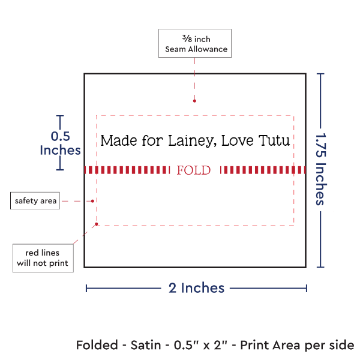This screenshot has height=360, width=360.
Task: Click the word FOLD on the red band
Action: pyautogui.click(x=194, y=170)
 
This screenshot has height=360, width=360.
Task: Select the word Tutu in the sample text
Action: pyautogui.click(x=274, y=141)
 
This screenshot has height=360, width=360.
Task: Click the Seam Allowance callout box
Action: pyautogui.click(x=194, y=43)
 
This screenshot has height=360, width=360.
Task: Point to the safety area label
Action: pyautogui.click(x=36, y=201)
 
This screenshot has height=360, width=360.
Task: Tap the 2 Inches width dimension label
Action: pyautogui.click(x=196, y=288)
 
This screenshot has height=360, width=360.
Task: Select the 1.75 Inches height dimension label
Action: pyautogui.click(x=321, y=170)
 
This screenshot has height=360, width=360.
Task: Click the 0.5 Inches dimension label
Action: pyautogui.click(x=59, y=143)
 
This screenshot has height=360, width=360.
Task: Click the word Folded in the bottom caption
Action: pyautogui.click(x=98, y=346)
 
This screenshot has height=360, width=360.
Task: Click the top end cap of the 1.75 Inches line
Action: pyautogui.click(x=321, y=74)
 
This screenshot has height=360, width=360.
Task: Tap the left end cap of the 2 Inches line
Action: pyautogui.click(x=86, y=288)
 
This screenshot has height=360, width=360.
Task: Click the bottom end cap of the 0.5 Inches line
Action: pyautogui.click(x=59, y=169)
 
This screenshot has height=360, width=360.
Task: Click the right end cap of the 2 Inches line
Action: pyautogui.click(x=306, y=288)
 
